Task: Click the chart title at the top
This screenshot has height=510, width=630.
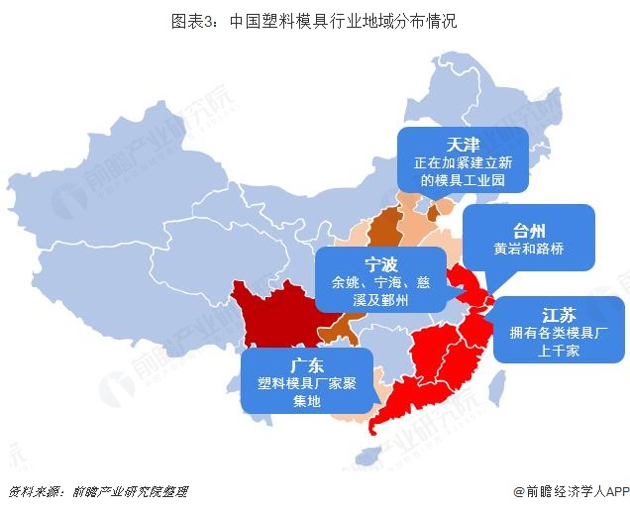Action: click(314, 19)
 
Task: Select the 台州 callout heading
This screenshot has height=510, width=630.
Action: click(529, 227)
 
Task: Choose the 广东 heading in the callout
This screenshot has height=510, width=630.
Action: click(307, 363)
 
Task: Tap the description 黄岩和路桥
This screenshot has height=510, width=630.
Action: click(529, 250)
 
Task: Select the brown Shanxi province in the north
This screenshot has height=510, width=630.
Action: click(384, 227)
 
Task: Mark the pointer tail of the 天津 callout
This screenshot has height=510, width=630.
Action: click(437, 205)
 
